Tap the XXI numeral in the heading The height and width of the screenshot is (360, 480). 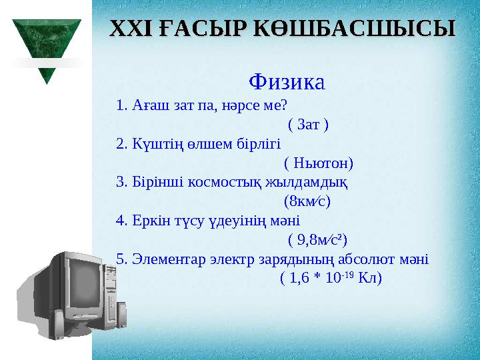coord(125,29)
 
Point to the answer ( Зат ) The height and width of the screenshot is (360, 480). coord(307,125)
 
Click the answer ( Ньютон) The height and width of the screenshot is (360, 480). coord(318,163)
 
